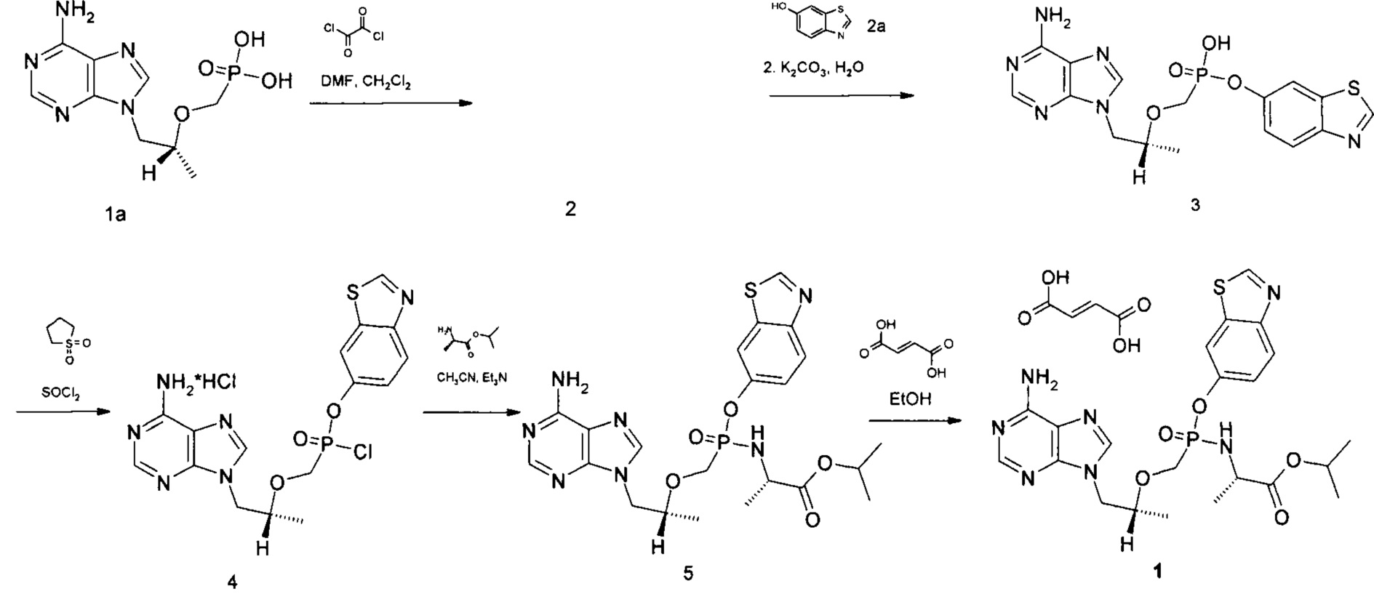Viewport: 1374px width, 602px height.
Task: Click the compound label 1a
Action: pyautogui.click(x=115, y=214)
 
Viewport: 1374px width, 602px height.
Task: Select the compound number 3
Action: pyautogui.click(x=1195, y=205)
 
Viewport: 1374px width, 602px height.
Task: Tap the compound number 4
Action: pyautogui.click(x=233, y=582)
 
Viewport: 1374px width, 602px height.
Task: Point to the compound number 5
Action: pyautogui.click(x=687, y=574)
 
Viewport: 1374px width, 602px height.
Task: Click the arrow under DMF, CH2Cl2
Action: pyautogui.click(x=390, y=103)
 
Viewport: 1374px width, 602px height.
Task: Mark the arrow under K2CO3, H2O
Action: pyautogui.click(x=842, y=95)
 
